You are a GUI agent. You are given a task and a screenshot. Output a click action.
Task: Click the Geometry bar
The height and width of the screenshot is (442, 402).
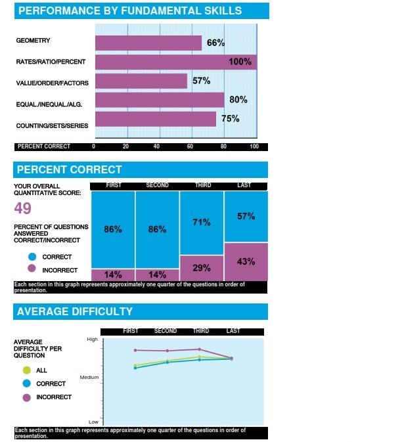tap(148, 43)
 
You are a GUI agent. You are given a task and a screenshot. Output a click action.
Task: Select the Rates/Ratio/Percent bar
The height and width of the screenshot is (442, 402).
tap(175, 62)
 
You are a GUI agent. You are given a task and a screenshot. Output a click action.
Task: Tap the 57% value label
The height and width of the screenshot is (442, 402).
tap(201, 81)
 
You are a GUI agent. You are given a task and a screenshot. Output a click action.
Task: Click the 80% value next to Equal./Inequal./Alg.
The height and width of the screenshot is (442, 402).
tap(238, 100)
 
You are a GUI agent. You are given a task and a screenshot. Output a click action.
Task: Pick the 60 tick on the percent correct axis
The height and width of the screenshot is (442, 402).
tap(190, 146)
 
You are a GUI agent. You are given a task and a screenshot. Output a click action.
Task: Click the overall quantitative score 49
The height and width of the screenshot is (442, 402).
tap(24, 209)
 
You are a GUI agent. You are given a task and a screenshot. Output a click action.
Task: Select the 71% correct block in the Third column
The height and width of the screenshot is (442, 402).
tap(202, 223)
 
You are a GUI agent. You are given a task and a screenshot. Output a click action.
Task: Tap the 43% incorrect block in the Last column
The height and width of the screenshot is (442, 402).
tap(246, 261)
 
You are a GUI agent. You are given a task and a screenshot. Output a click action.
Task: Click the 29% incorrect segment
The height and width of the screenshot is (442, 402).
tap(202, 268)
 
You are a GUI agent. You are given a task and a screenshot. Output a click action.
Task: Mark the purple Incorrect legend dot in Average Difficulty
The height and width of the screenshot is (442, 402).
tap(27, 397)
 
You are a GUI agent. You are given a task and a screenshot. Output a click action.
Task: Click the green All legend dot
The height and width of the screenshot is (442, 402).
tap(27, 370)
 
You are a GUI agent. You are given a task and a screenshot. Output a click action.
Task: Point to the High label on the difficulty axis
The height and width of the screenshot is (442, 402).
tap(92, 339)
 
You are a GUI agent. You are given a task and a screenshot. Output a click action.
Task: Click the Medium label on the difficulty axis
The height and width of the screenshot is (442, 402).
tap(89, 378)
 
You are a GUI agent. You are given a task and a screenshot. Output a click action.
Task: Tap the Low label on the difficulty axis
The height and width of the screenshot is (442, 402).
tap(93, 421)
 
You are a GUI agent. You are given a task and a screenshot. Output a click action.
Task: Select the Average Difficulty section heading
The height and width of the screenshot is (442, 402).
tap(75, 311)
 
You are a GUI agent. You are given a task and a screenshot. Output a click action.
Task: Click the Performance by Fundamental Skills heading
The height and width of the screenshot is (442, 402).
tap(129, 11)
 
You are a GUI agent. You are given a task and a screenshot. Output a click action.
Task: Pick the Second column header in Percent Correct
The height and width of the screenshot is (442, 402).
tap(156, 186)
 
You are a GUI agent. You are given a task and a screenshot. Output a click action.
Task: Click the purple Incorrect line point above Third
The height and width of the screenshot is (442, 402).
tap(199, 349)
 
